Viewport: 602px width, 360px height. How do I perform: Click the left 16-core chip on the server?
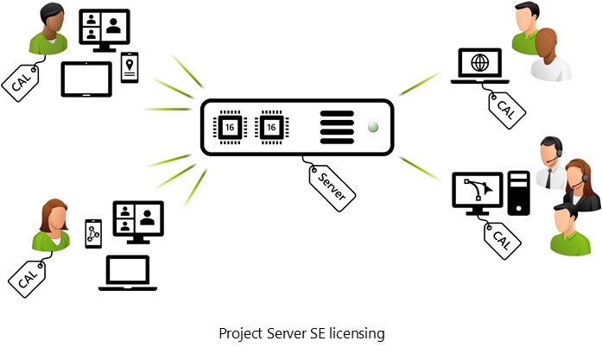pyautogui.click(x=230, y=127)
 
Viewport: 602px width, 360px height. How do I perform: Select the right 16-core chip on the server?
pyautogui.click(x=273, y=127)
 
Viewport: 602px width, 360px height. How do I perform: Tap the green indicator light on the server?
pyautogui.click(x=373, y=127)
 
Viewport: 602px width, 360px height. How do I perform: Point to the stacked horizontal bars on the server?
pyautogui.click(x=337, y=127)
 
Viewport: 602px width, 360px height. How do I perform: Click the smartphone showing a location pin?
pyautogui.click(x=130, y=67)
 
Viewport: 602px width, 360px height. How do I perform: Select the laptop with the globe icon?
pyautogui.click(x=479, y=66)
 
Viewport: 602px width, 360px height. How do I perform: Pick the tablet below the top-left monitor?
pyautogui.click(x=86, y=79)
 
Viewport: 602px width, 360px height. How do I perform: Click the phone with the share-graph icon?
pyautogui.click(x=93, y=233)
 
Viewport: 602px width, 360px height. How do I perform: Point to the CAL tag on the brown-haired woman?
pyautogui.click(x=28, y=271)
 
